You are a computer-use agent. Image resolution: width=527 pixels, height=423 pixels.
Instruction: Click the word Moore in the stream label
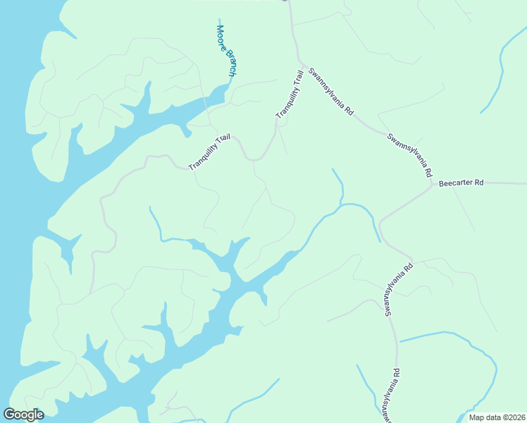221,39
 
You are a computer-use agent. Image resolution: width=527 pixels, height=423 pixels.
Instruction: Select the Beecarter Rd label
461,183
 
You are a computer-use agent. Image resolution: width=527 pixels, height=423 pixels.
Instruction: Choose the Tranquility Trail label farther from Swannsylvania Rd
210,152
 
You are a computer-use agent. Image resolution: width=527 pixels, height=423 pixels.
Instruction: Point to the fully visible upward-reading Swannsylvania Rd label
398,291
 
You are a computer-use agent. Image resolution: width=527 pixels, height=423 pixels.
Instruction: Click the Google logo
23,415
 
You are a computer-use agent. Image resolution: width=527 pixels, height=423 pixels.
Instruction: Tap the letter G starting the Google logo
9,415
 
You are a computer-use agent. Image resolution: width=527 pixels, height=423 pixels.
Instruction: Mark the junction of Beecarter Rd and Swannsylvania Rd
431,185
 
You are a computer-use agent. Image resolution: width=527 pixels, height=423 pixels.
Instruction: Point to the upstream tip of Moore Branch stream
219,20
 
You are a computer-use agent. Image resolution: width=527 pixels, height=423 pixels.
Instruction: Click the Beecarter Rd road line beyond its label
507,183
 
